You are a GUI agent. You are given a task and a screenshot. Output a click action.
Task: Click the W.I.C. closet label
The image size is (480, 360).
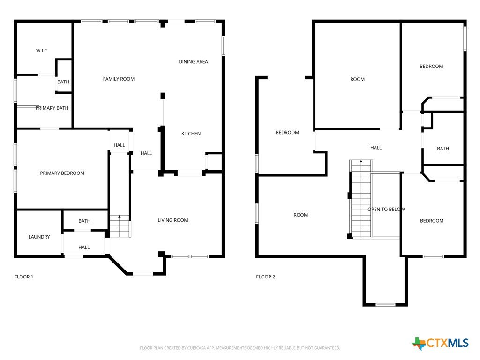[42, 51]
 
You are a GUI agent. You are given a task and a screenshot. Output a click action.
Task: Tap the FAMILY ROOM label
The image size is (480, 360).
[119, 79]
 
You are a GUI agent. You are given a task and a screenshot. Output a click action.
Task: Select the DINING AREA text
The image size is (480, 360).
[194, 62]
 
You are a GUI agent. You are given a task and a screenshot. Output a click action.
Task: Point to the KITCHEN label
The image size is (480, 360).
[191, 134]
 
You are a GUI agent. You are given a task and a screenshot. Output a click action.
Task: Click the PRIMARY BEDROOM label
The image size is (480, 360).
[62, 173]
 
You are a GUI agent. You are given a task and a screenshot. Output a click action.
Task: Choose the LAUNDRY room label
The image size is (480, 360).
[39, 237]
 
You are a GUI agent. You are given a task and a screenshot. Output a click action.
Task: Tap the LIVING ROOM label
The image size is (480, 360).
[173, 220]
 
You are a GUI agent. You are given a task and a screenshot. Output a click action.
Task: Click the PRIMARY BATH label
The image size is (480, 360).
[52, 108]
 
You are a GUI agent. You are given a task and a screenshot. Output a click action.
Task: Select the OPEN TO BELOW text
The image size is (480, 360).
[386, 210]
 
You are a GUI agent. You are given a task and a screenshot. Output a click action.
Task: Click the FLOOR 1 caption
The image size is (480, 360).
[24, 277]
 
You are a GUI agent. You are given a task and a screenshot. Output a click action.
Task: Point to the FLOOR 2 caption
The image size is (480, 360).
[266, 277]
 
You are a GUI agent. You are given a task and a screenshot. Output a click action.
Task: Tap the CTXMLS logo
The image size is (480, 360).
[440, 343]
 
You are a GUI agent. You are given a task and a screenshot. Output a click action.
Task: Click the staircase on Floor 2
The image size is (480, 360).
[361, 198]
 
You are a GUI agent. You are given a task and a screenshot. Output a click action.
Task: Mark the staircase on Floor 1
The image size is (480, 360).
[120, 226]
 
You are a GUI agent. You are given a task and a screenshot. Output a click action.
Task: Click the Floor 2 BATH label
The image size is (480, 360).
[443, 149]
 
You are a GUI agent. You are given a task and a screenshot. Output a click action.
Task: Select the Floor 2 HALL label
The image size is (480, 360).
[376, 148]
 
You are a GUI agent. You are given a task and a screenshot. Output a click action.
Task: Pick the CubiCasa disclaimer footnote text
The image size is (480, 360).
[240, 348]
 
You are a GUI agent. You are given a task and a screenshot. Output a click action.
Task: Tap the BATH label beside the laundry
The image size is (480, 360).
[84, 221]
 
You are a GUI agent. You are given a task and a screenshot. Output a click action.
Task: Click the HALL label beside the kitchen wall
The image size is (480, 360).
[146, 153]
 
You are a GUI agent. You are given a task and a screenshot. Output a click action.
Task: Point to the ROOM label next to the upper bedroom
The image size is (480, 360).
[358, 80]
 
